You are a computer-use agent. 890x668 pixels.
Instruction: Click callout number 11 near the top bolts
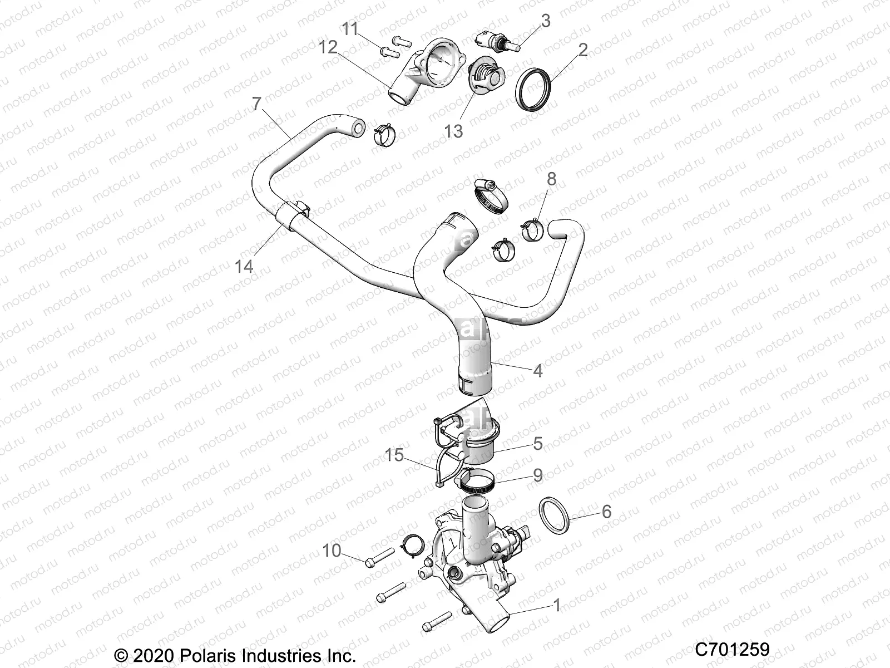click(350, 29)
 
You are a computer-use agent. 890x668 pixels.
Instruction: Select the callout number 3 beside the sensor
click(546, 21)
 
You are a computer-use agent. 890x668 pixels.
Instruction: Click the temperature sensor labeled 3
click(495, 41)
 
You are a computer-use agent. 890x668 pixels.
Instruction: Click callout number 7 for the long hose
click(256, 104)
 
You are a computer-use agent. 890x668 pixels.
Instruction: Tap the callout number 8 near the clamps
click(551, 179)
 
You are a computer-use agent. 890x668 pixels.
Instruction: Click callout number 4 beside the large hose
click(537, 370)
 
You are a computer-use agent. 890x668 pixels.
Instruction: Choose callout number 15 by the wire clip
click(394, 455)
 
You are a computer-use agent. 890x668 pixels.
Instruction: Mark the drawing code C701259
click(732, 649)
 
